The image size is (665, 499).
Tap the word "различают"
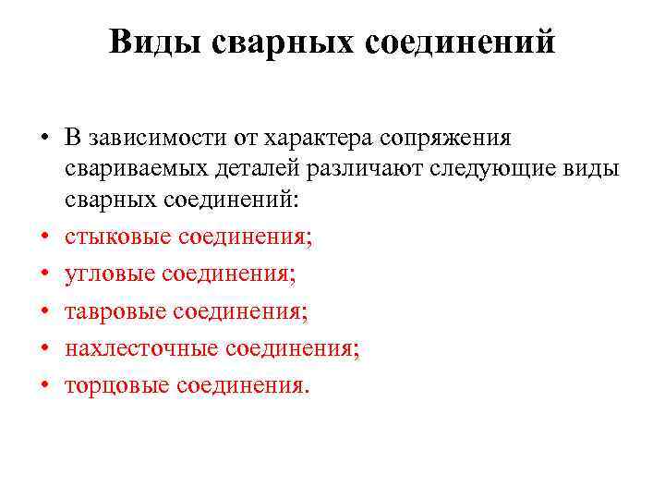(368, 169)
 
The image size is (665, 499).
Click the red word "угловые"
(108, 274)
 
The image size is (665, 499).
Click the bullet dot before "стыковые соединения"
(43, 237)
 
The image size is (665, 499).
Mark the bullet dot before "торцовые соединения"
(43, 385)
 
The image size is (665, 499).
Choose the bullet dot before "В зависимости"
(43, 139)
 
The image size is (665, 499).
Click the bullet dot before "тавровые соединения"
(43, 311)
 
